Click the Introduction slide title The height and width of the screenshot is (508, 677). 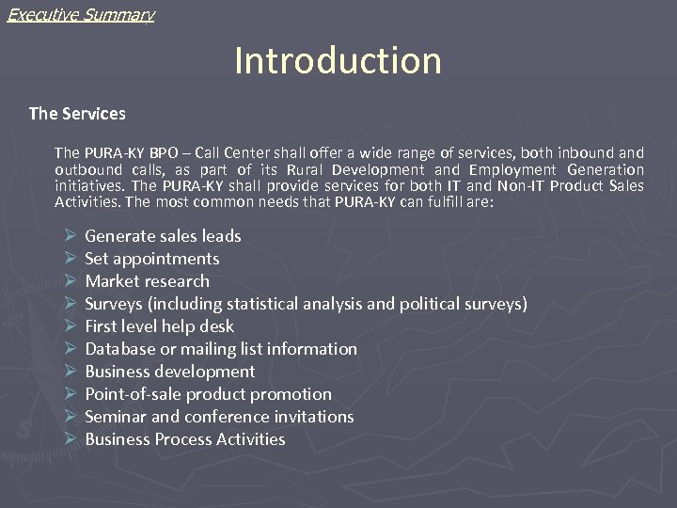(338, 61)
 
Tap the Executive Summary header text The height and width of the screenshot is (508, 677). (80, 14)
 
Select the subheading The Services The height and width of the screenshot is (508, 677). (77, 114)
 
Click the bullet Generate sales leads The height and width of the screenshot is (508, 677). (163, 236)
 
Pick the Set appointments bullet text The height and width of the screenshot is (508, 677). (151, 259)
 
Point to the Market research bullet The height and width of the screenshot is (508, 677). (147, 281)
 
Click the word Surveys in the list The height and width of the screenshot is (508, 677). (113, 304)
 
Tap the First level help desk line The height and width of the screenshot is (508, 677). (159, 326)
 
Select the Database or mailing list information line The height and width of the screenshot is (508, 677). (221, 349)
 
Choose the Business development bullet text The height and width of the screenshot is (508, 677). (169, 372)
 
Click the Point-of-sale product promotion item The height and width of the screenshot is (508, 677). (208, 394)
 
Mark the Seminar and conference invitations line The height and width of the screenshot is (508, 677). (219, 417)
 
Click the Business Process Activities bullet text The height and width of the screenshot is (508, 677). (184, 439)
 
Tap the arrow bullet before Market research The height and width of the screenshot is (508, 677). (70, 281)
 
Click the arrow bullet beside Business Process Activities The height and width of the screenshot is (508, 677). (70, 439)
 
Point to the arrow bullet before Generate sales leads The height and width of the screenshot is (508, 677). (70, 236)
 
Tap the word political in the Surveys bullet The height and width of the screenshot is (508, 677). (436, 304)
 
